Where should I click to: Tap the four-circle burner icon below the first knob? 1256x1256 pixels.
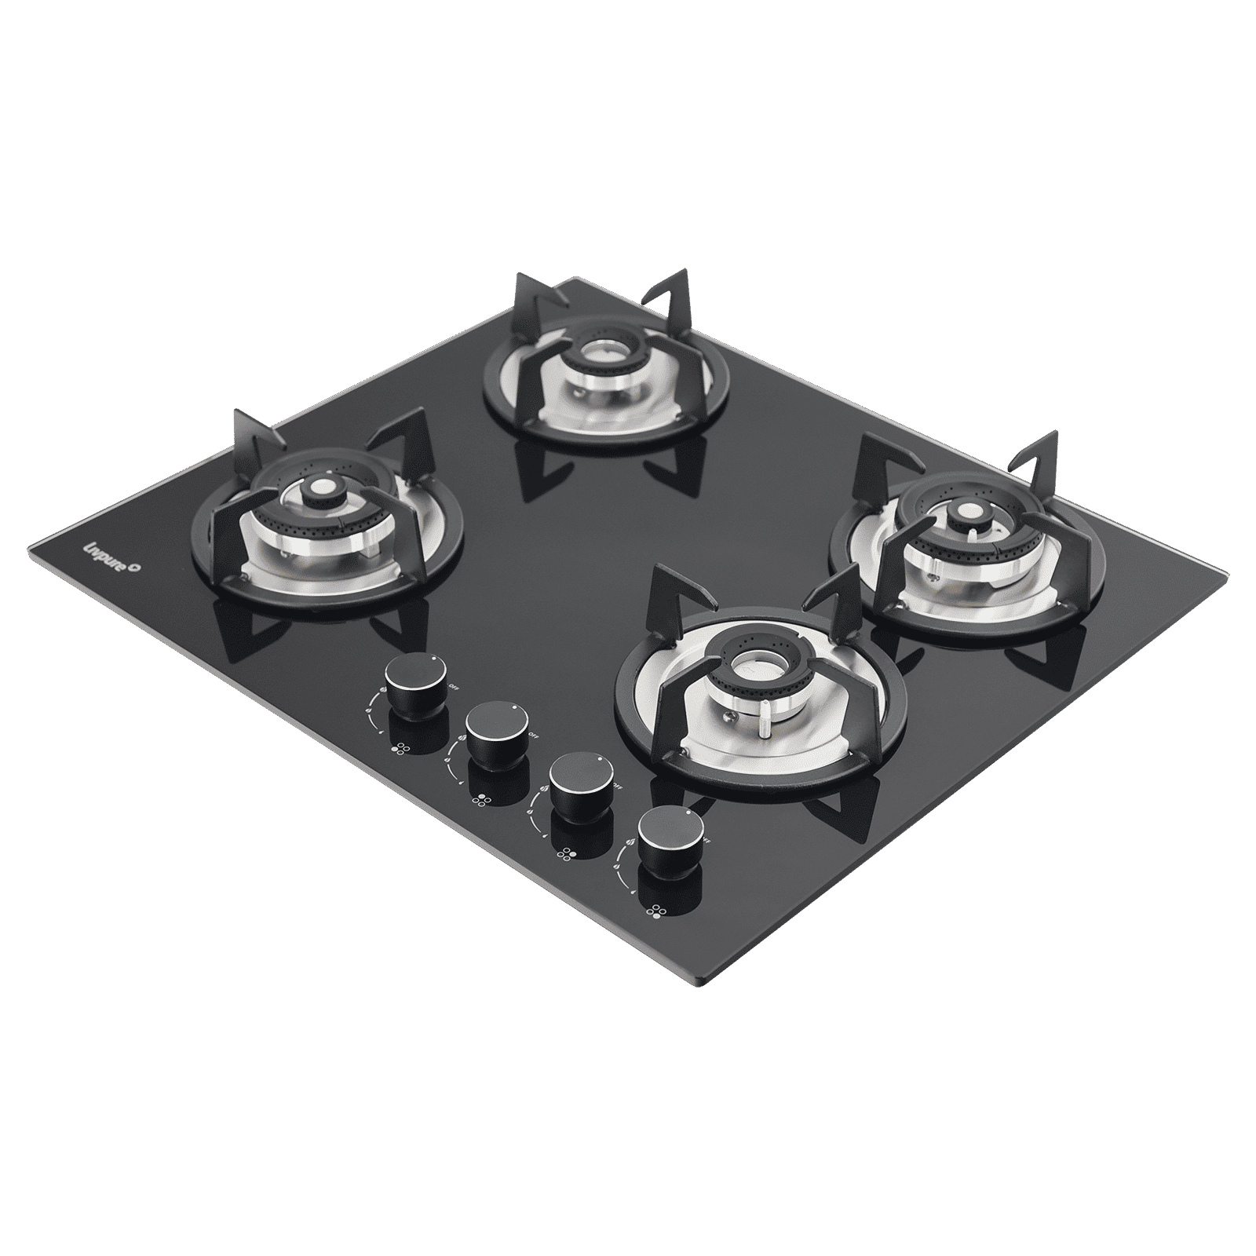(400, 749)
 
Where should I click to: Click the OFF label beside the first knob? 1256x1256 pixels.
(454, 686)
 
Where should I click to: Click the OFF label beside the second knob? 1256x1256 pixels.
(533, 734)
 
